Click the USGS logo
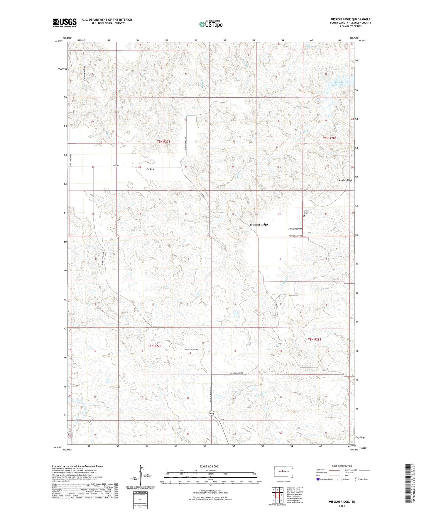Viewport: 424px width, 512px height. click(65, 23)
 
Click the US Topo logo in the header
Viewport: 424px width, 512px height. click(210, 24)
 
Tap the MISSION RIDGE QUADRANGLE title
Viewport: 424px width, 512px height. click(350, 19)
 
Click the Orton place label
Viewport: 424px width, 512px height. click(150, 169)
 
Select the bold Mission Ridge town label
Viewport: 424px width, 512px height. click(259, 225)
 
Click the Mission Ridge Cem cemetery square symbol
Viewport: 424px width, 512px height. click(304, 216)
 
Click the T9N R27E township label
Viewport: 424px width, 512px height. click(163, 142)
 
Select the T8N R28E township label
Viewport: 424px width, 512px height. click(314, 340)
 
